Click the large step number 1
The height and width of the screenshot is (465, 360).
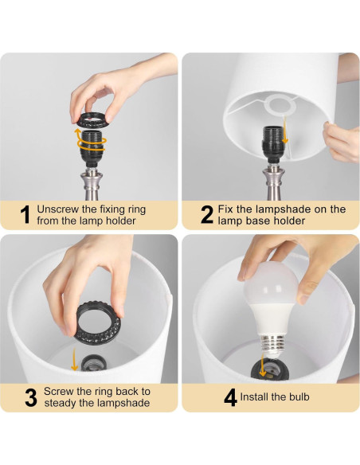click(x=25, y=215)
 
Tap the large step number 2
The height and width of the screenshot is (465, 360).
click(x=207, y=215)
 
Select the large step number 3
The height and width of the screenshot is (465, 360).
click(x=31, y=397)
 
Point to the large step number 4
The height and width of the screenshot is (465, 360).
click(x=230, y=397)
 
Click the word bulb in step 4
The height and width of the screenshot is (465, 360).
click(x=299, y=397)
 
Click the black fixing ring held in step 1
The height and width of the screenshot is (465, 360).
click(x=90, y=120)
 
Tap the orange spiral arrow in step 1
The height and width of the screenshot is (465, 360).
click(x=90, y=142)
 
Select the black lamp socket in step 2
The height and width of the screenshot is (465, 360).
click(x=273, y=145)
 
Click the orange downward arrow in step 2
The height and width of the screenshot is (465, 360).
click(x=284, y=130)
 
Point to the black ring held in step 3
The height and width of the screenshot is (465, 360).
click(x=99, y=322)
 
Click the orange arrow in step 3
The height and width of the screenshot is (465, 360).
click(x=74, y=360)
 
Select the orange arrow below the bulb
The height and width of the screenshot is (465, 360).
click(x=263, y=365)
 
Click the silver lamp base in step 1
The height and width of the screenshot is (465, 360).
click(x=92, y=184)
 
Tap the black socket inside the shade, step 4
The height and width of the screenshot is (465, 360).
click(x=268, y=369)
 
